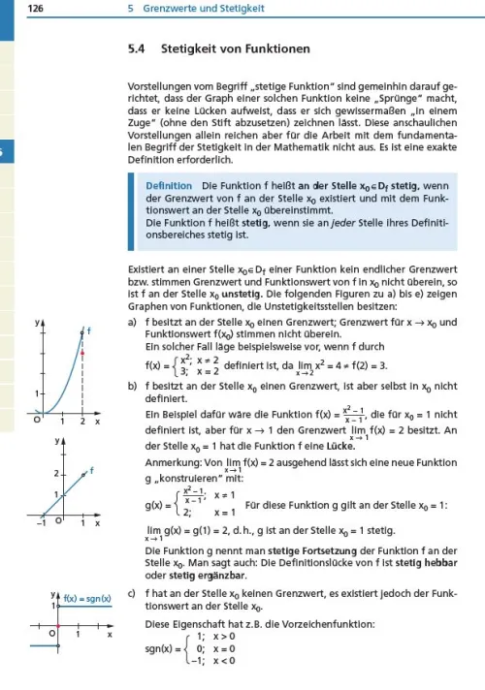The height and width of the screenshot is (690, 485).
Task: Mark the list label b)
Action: coord(132,388)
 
